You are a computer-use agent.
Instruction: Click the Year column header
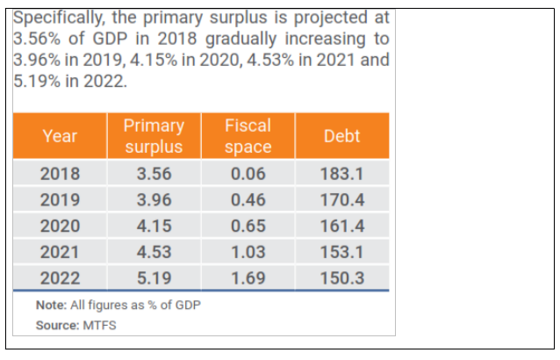[60, 136]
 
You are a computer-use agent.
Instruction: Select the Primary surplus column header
[154, 136]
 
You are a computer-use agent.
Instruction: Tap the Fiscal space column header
[248, 136]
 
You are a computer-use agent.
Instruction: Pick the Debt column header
[341, 136]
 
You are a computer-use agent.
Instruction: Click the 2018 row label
[60, 173]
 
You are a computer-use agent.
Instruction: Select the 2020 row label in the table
[60, 226]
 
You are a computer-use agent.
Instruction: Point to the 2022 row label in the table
[60, 278]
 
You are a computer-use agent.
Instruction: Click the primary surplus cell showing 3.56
[154, 173]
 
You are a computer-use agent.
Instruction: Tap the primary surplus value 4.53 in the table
[154, 252]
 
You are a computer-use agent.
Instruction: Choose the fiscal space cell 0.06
[248, 173]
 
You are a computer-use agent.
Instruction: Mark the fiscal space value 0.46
[248, 199]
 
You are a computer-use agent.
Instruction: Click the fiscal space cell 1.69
[248, 278]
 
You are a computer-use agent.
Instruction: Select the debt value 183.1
[341, 173]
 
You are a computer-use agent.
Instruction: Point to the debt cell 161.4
[341, 226]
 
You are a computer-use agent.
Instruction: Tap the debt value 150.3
[341, 278]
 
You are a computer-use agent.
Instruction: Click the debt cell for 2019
[341, 199]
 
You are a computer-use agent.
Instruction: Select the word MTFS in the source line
[100, 324]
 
